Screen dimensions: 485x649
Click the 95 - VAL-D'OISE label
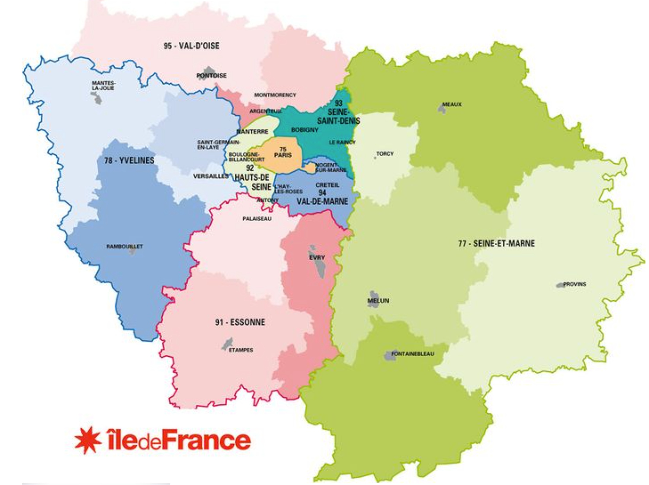[x=191, y=46]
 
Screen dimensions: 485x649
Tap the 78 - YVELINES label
[x=129, y=161]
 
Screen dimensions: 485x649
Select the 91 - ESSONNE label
[x=240, y=322]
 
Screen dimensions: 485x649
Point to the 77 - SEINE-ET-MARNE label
[x=496, y=244]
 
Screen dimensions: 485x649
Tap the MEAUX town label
[x=452, y=104]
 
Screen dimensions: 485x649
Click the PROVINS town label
[x=575, y=284]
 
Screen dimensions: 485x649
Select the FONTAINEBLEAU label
[x=412, y=354]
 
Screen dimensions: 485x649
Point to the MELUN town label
[x=378, y=301]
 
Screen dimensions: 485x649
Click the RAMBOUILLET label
[x=124, y=246]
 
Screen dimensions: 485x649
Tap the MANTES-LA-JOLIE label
[x=103, y=85]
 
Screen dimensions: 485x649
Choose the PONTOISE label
[x=211, y=76]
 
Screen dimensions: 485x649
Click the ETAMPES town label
[x=241, y=350]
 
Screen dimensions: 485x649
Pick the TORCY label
[x=385, y=154]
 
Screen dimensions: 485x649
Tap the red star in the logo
[x=88, y=440]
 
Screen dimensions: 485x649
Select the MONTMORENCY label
[x=275, y=95]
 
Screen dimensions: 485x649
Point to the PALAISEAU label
[x=257, y=219]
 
